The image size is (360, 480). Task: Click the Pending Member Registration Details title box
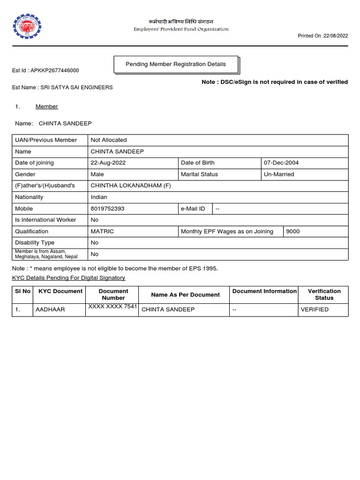click(x=176, y=64)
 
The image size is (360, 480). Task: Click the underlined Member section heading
click(x=46, y=106)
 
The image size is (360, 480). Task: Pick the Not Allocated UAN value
click(x=108, y=140)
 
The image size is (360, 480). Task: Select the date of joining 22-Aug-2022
click(x=108, y=163)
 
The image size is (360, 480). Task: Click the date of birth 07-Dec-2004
click(x=281, y=163)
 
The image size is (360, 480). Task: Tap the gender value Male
click(x=97, y=174)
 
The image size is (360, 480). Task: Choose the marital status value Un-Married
click(x=279, y=174)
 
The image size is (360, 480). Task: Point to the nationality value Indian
click(x=98, y=197)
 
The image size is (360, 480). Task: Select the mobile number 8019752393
click(x=107, y=209)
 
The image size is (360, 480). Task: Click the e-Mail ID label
click(x=193, y=209)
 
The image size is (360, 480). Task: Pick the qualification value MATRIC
click(x=102, y=232)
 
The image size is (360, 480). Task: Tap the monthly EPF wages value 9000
click(x=292, y=232)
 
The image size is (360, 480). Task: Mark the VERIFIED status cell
click(x=315, y=310)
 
